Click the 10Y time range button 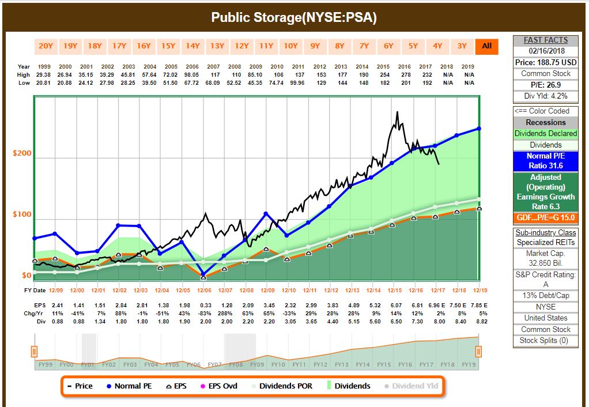click(291, 46)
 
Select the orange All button click(487, 46)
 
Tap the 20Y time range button click(46, 46)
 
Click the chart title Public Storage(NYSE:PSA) click(294, 17)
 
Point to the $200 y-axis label click(22, 153)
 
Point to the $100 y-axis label click(22, 215)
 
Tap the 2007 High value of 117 click(214, 74)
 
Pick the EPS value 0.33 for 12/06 click(205, 304)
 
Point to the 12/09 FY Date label click(267, 290)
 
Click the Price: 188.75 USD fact click(546, 62)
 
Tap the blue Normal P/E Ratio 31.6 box click(545, 161)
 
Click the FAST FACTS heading click(546, 40)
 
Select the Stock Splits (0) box click(546, 340)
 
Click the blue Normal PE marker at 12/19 click(479, 129)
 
